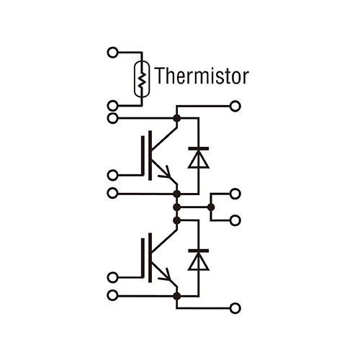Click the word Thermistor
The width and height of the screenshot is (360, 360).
click(202, 76)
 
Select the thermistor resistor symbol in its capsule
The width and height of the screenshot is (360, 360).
click(142, 79)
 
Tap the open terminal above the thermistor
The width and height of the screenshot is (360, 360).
click(112, 53)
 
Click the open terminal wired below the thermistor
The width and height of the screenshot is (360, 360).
click(112, 106)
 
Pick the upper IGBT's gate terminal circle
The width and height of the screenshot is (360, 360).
click(112, 175)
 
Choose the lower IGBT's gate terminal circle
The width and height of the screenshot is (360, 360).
click(112, 277)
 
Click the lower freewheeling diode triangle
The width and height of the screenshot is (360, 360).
click(199, 261)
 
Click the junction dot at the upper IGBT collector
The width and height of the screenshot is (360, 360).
click(177, 118)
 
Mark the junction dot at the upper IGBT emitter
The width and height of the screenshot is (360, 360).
click(177, 194)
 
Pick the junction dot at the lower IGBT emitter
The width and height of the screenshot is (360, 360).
click(177, 296)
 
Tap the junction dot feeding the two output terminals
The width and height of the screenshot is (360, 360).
click(211, 207)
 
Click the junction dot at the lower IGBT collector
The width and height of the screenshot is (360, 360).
click(177, 220)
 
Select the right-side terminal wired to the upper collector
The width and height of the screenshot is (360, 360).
click(235, 106)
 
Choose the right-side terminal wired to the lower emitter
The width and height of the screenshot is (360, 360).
click(235, 308)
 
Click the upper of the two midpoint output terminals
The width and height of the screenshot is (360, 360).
click(235, 194)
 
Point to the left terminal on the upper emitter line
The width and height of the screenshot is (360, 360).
click(112, 193)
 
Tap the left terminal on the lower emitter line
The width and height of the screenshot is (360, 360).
click(112, 295)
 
